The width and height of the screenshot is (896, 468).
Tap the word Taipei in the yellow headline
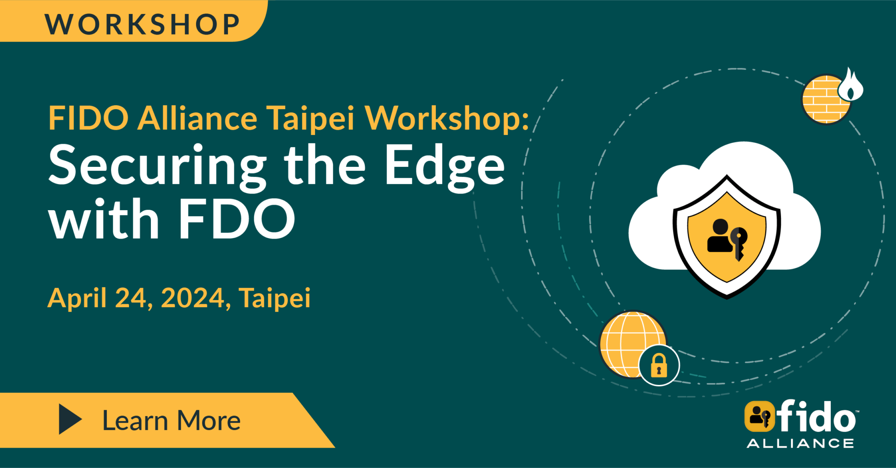point(311,118)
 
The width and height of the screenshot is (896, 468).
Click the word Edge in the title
point(444,168)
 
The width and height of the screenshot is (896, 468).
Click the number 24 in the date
point(131,298)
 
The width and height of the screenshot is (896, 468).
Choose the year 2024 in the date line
point(193,298)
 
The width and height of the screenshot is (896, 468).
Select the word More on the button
point(209,421)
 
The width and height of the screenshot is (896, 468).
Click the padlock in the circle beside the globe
point(659,365)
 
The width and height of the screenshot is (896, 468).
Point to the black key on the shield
point(738,243)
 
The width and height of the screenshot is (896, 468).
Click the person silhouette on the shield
point(720,236)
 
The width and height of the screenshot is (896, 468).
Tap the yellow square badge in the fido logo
point(759,416)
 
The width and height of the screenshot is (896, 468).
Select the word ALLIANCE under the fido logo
point(800,444)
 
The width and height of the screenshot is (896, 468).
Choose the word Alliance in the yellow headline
point(197,118)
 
